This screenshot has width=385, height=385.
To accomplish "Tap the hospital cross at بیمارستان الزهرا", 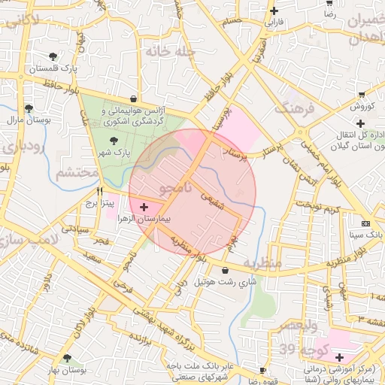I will coord(144,206).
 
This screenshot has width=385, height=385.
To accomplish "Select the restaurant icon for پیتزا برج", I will coord(99,192).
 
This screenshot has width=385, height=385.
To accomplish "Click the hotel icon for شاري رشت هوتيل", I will coord(226,271).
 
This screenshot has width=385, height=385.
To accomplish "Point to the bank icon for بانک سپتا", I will coord(365,223).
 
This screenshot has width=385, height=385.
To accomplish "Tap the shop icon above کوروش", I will coord(362,95).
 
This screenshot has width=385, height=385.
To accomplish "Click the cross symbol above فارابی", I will coord(274,11).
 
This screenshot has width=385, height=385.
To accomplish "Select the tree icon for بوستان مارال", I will coord(29,108).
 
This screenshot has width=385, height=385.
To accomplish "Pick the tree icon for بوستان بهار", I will coord(68,359).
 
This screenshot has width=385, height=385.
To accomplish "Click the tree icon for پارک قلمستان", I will coord(52,56).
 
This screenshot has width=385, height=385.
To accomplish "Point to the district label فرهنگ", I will coord(294,105).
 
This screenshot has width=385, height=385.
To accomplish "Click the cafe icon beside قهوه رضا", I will coord(262,371).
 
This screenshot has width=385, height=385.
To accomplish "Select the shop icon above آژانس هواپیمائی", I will coord(133,98).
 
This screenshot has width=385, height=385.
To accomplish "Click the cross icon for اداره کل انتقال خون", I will coord(361,123).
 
